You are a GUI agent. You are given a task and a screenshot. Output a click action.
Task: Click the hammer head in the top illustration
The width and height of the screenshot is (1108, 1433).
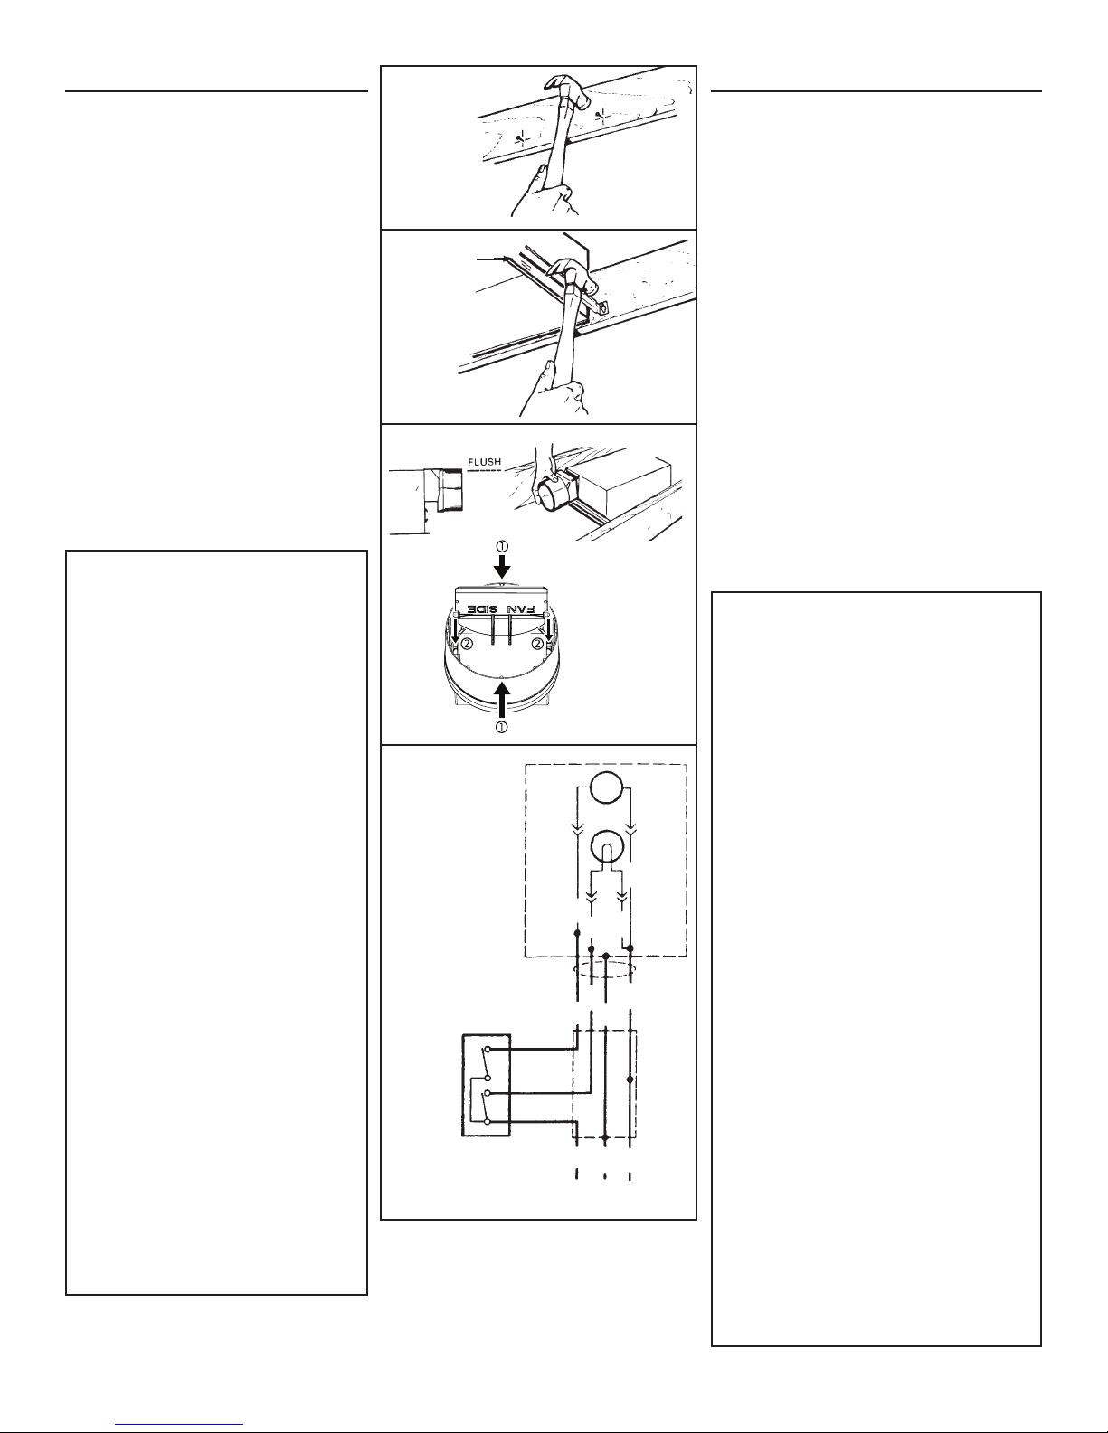click(567, 90)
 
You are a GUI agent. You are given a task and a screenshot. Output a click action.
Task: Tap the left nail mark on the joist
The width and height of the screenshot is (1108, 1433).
click(522, 138)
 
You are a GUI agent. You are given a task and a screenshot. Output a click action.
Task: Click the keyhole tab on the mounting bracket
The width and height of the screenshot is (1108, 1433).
click(602, 306)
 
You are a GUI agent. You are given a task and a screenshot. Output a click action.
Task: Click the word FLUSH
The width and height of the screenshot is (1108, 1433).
click(484, 462)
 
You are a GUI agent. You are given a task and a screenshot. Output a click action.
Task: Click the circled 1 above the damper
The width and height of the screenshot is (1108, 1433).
click(502, 546)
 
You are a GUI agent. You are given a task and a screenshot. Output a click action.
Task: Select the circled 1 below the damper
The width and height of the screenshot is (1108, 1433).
click(501, 727)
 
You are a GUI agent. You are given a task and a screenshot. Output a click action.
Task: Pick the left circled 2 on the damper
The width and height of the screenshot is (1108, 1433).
click(467, 643)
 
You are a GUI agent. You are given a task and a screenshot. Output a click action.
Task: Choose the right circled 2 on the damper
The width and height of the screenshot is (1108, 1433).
click(537, 643)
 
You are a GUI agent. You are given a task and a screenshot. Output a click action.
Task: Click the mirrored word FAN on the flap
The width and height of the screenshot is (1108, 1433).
click(520, 608)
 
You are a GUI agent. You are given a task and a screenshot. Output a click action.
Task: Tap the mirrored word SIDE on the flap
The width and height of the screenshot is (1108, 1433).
click(482, 608)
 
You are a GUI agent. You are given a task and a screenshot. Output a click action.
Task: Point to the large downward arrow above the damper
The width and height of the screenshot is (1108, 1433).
click(502, 567)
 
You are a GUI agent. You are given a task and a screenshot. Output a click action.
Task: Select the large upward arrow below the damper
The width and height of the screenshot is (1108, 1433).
click(502, 701)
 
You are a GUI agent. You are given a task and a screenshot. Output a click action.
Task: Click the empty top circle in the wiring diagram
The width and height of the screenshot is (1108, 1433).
click(606, 787)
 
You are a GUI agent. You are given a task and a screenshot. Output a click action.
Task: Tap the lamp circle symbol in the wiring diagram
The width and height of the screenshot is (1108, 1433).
click(606, 846)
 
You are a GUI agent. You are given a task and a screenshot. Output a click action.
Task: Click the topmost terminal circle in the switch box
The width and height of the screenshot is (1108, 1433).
click(487, 1049)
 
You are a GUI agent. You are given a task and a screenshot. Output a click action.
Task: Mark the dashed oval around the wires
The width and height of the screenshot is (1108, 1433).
click(605, 971)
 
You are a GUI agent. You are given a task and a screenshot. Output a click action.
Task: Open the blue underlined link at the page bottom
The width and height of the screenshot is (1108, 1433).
click(179, 1422)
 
